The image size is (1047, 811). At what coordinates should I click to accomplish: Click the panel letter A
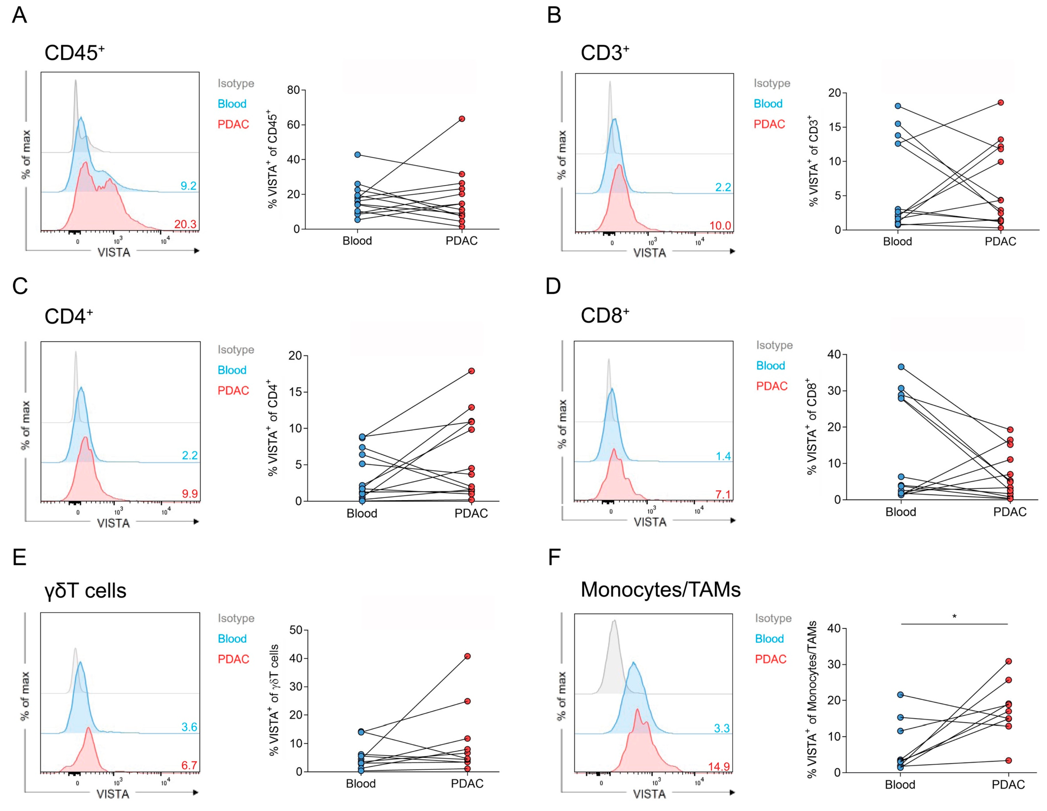pyautogui.click(x=19, y=15)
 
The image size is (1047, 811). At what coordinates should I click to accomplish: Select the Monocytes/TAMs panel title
pyautogui.click(x=660, y=590)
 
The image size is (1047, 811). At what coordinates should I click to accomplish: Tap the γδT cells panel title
pyautogui.click(x=85, y=590)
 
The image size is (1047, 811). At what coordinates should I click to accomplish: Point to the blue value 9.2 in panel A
pyautogui.click(x=188, y=186)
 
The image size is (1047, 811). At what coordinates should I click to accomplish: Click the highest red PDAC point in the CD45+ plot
pyautogui.click(x=462, y=119)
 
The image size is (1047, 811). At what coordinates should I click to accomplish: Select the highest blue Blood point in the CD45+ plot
pyautogui.click(x=357, y=154)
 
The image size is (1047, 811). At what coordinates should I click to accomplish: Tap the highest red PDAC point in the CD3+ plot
pyautogui.click(x=1000, y=102)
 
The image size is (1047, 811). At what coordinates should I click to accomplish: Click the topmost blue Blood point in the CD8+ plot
pyautogui.click(x=901, y=367)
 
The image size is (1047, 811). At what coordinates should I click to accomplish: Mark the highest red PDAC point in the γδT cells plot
pyautogui.click(x=467, y=656)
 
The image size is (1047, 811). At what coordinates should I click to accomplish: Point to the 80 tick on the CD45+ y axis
pyautogui.click(x=293, y=90)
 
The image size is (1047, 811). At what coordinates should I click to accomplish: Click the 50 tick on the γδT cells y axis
pyautogui.click(x=295, y=630)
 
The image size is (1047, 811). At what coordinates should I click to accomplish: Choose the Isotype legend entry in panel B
pyautogui.click(x=771, y=83)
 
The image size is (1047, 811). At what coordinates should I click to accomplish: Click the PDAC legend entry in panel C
pyautogui.click(x=233, y=390)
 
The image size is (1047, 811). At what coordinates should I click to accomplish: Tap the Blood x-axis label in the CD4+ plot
pyautogui.click(x=362, y=513)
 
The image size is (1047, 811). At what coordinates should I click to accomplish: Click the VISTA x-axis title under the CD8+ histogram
pyautogui.click(x=650, y=522)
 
